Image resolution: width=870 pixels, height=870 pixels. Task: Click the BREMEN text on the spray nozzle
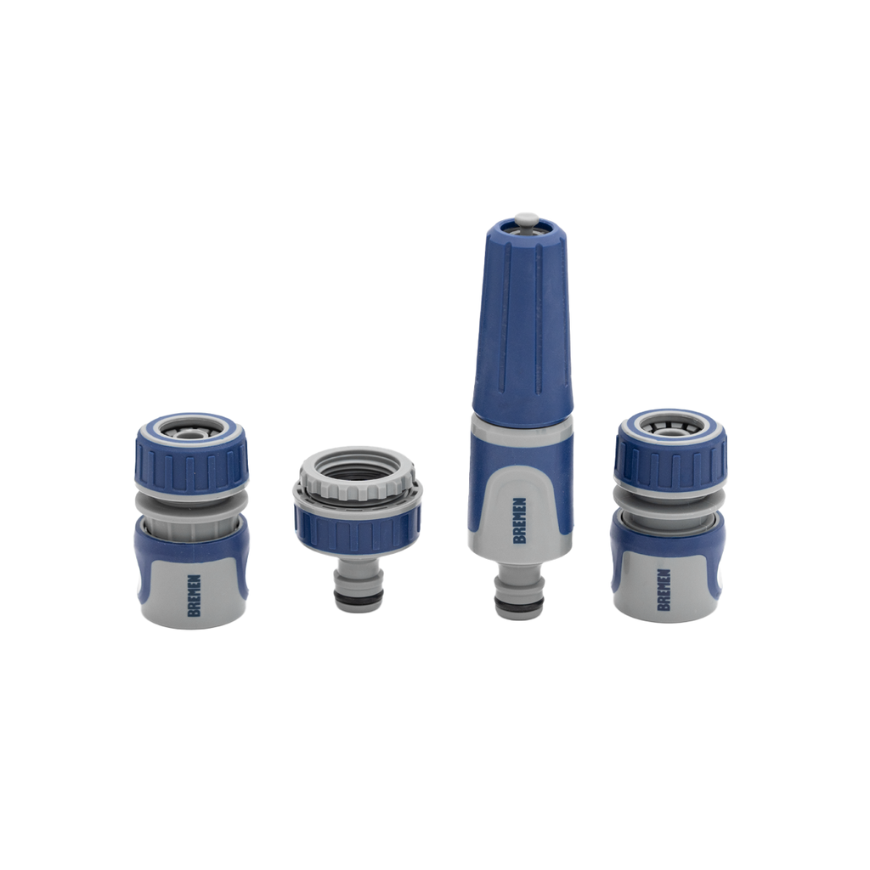pos(520,520)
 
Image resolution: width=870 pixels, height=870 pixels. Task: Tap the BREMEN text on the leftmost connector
pos(194,595)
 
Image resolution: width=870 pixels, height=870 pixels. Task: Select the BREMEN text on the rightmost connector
pos(663,589)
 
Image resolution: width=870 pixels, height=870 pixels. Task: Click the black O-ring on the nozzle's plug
pos(519,607)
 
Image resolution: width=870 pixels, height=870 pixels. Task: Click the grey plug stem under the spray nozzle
pos(519,586)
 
